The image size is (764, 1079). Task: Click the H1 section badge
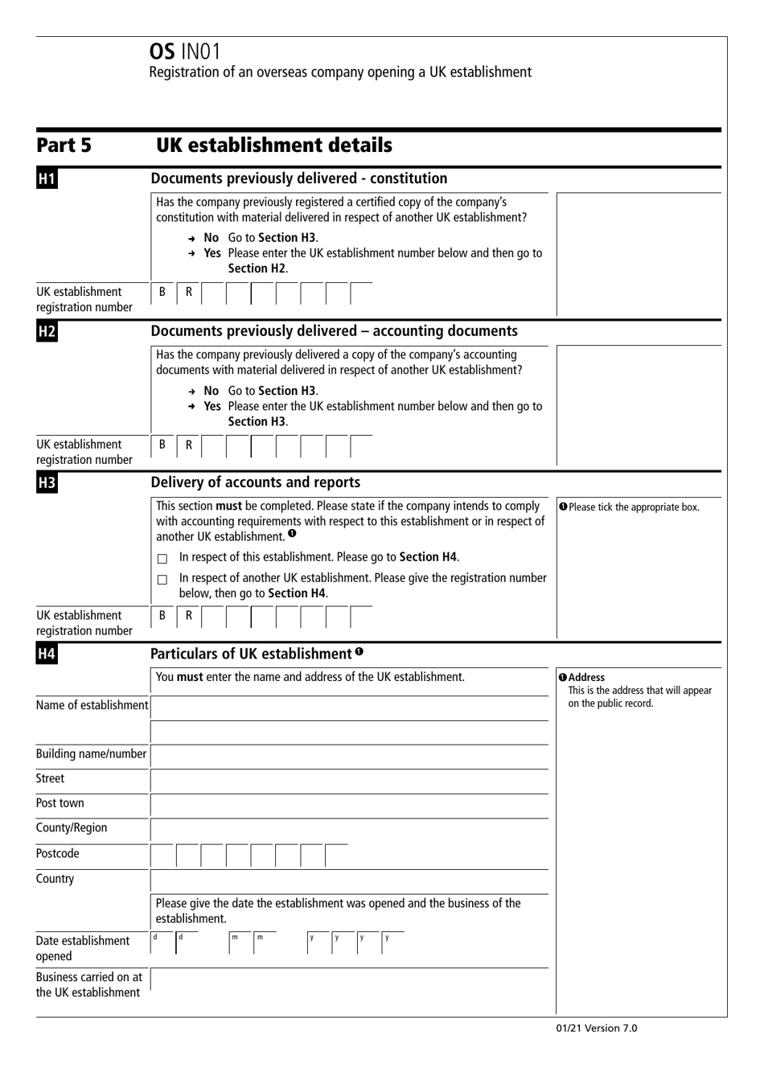[x=46, y=178]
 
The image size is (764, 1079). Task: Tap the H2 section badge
[x=46, y=331]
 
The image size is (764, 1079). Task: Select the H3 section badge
[x=46, y=482]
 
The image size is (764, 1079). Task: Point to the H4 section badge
[x=46, y=654]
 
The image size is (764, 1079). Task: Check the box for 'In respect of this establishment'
[x=162, y=559]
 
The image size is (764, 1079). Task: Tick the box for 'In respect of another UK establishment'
[x=162, y=580]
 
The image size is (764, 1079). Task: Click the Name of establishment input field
[x=349, y=708]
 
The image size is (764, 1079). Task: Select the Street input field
[x=349, y=780]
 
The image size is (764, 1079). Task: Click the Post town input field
[x=349, y=805]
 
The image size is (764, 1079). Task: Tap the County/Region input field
[x=349, y=830]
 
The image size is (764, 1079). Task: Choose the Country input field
[x=349, y=880]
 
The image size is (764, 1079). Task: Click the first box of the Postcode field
[x=162, y=855]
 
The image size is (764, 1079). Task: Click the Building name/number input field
[x=349, y=756]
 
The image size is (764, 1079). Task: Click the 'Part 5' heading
[x=64, y=146]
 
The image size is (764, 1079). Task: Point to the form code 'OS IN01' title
[x=185, y=51]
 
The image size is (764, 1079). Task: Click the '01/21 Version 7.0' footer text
[x=596, y=1028]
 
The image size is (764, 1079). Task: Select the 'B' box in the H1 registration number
[x=162, y=293]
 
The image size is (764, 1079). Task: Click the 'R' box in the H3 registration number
[x=189, y=616]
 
